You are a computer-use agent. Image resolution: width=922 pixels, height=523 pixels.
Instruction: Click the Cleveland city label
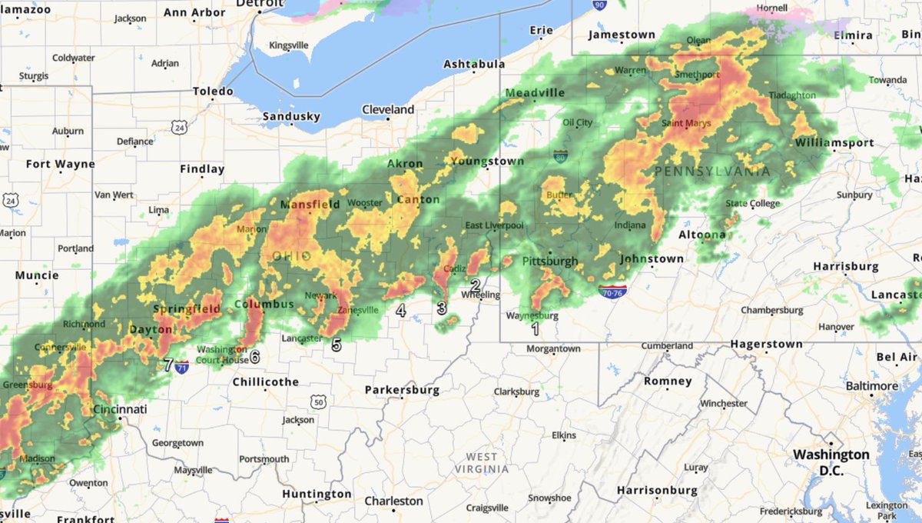[x=388, y=109]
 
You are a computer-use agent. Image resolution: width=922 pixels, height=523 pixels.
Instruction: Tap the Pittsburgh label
[x=550, y=261]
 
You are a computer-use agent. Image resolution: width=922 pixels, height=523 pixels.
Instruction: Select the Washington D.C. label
[x=831, y=461]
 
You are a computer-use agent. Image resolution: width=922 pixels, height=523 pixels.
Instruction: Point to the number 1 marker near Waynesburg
[x=536, y=328]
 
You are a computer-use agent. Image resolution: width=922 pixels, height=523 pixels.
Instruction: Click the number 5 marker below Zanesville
[x=337, y=345]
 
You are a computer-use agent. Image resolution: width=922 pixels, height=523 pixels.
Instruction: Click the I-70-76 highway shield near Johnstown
[x=612, y=291]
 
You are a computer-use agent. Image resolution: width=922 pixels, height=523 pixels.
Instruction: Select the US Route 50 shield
[x=319, y=401]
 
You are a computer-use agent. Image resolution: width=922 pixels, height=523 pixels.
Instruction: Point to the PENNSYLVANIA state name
[x=711, y=171]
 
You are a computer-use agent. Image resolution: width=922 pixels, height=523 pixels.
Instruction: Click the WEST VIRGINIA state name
[x=481, y=463]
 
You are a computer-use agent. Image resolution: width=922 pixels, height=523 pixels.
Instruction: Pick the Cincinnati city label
[x=120, y=409]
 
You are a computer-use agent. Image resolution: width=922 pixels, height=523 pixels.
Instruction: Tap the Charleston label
[x=393, y=501]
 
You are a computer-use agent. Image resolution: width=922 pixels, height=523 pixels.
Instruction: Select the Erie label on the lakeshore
[x=541, y=31]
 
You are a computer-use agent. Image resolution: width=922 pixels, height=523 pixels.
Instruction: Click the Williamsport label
[x=834, y=143]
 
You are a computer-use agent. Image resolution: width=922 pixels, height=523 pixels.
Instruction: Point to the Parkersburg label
[x=402, y=390]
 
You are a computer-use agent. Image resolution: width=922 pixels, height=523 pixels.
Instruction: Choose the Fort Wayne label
[x=60, y=164]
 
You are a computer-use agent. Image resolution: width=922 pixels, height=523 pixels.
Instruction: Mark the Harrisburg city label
[x=846, y=267]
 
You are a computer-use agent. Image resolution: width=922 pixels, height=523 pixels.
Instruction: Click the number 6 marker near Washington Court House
[x=254, y=356]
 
